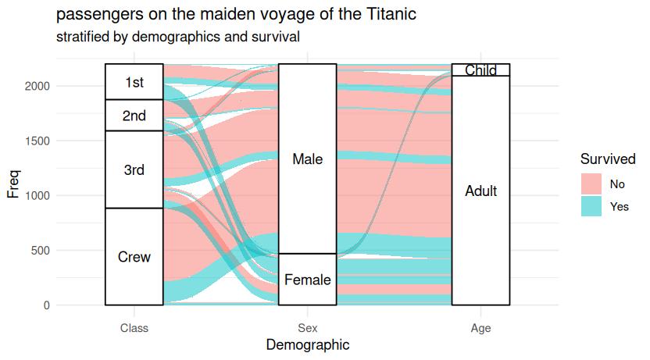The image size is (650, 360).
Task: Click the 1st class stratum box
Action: [134, 82]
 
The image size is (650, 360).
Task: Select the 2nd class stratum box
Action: [134, 116]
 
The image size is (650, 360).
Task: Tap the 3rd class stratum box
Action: [134, 169]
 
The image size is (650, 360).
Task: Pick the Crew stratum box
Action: [134, 256]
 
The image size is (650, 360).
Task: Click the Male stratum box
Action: [307, 159]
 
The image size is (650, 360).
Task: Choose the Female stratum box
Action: [307, 280]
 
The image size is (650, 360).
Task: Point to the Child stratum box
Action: [480, 70]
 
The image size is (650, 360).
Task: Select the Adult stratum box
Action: [480, 191]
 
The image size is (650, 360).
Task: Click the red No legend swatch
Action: [591, 184]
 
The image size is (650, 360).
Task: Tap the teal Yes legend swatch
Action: [591, 206]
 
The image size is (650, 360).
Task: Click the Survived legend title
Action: [607, 159]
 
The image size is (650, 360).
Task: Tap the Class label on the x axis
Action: [134, 329]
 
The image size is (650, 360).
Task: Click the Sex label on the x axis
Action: [307, 329]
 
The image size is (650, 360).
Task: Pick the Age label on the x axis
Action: [480, 329]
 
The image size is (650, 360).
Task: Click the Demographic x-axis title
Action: [307, 344]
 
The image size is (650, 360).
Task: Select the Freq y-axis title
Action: [13, 184]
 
